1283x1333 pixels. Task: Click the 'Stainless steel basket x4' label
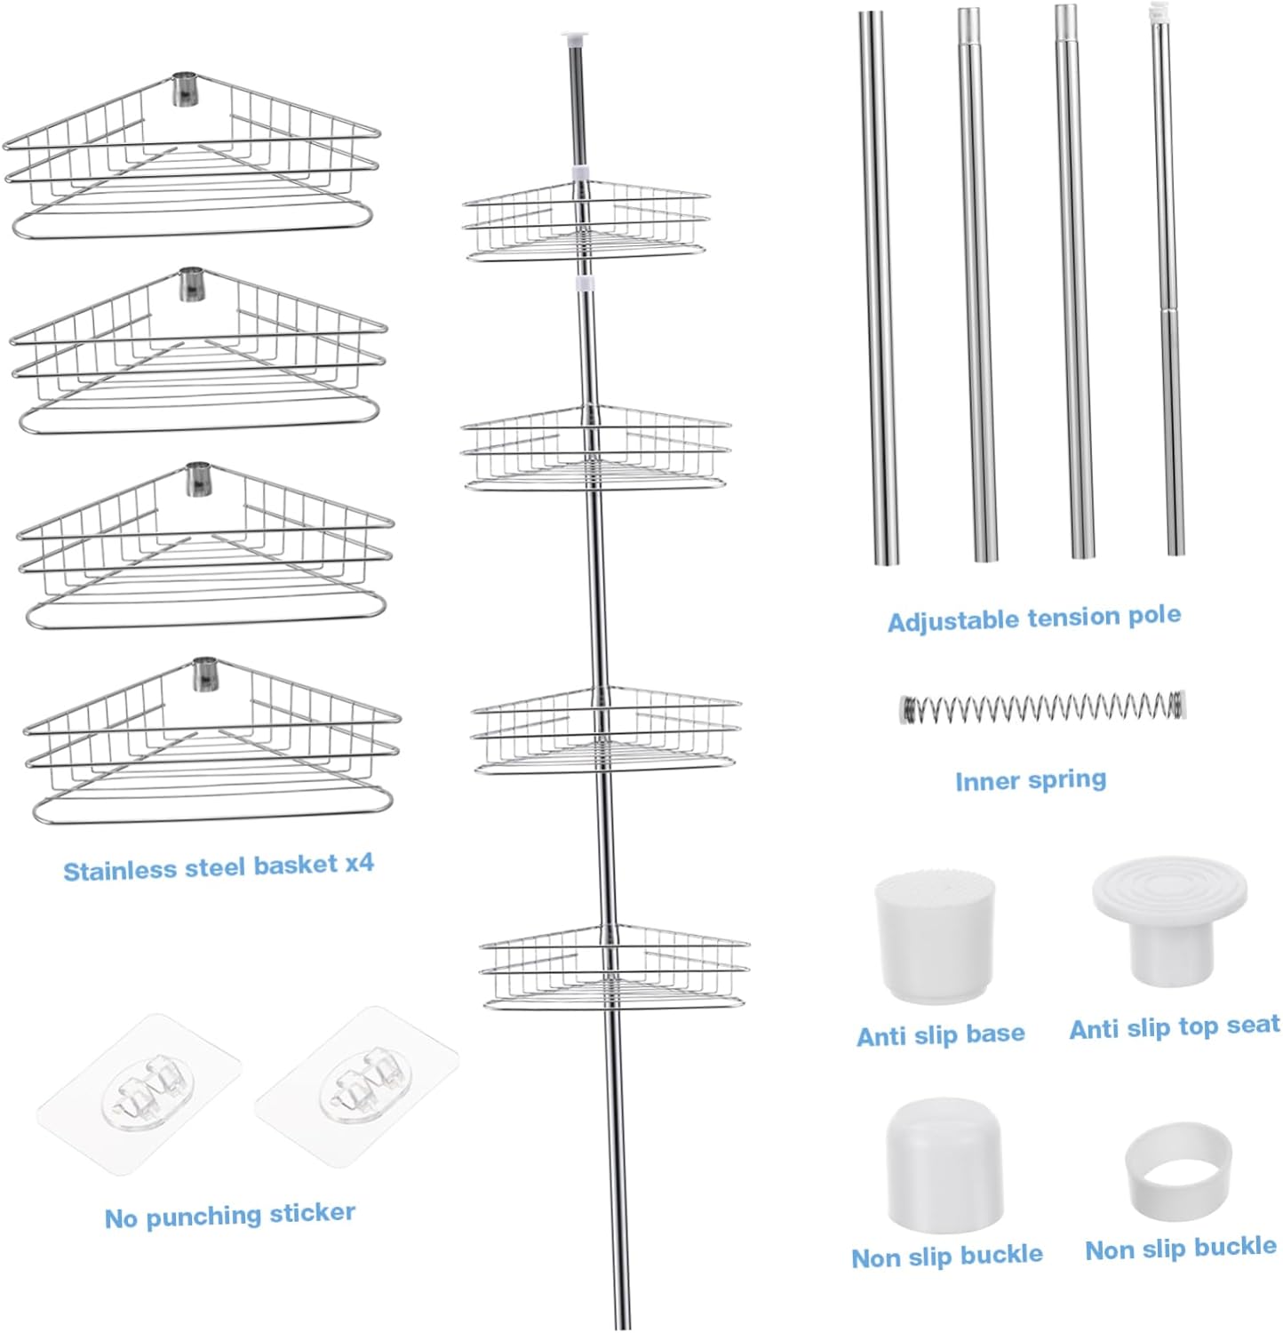coord(219,867)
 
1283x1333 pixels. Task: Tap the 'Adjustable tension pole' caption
coord(1033,618)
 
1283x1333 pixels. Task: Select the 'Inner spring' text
coord(1031,780)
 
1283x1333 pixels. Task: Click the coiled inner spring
coord(1042,707)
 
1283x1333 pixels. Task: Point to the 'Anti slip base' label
coord(940,1034)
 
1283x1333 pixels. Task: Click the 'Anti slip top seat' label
coord(1174,1027)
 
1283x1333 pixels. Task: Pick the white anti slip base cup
coord(935,936)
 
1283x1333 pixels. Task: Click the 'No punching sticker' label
coord(229,1215)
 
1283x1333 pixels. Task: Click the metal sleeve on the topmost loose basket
coord(185,89)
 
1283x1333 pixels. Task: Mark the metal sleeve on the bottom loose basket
coord(204,674)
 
